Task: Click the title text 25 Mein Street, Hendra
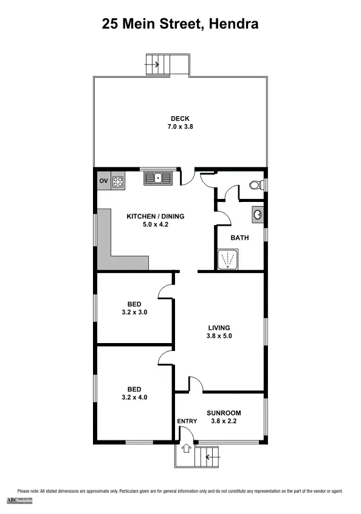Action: [180, 24]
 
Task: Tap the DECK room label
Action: [180, 119]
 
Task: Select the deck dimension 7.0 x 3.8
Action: [180, 127]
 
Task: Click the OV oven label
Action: [103, 181]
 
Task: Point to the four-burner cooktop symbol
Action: [118, 181]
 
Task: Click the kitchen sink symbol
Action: [158, 178]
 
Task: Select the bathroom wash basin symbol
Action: [257, 215]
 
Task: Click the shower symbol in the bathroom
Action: [228, 259]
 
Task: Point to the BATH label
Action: [239, 238]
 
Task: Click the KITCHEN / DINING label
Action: [155, 216]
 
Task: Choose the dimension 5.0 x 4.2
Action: [155, 224]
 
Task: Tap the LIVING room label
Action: [219, 327]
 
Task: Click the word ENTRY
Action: [187, 421]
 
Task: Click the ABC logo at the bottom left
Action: [19, 500]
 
